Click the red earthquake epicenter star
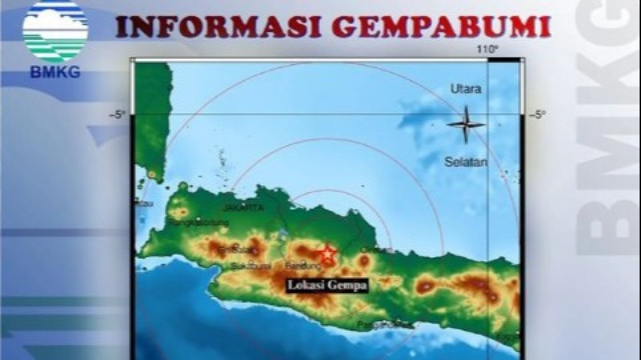(328, 253)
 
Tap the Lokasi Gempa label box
(327, 286)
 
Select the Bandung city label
(297, 265)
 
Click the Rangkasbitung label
(190, 222)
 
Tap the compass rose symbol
(466, 124)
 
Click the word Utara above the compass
(466, 90)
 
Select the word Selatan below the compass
(466, 162)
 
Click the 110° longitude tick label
(487, 49)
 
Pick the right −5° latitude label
(537, 115)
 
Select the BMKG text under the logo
(55, 72)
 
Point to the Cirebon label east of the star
(378, 250)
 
